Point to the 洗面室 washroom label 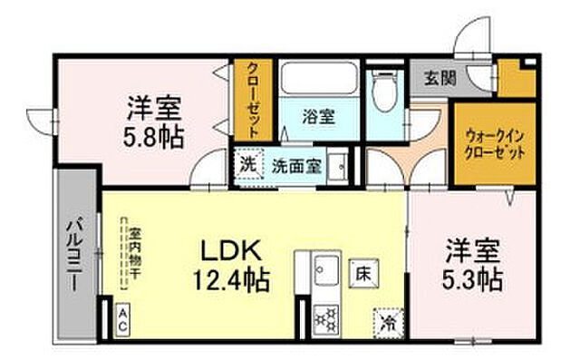point(294,167)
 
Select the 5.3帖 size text point(472,274)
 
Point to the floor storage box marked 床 point(361,270)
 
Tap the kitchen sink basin point(325,269)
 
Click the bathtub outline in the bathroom point(318,84)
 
